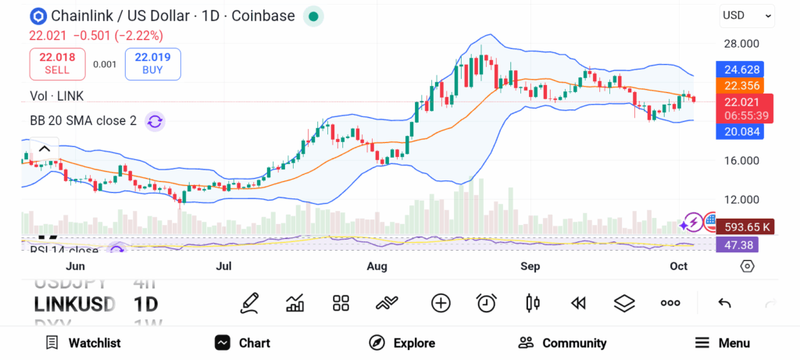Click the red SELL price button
click(x=57, y=63)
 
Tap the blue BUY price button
click(x=152, y=63)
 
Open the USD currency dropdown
click(x=747, y=15)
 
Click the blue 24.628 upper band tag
click(x=740, y=70)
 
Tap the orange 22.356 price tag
click(x=740, y=86)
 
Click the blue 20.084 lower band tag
click(x=740, y=131)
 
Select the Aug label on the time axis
click(x=377, y=266)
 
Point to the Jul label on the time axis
click(x=223, y=266)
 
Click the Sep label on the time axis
click(x=530, y=266)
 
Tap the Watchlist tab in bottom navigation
click(x=83, y=343)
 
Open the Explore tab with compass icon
click(x=402, y=343)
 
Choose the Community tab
click(x=562, y=343)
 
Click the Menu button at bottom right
click(x=722, y=343)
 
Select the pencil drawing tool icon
click(x=249, y=302)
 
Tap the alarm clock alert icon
click(x=487, y=302)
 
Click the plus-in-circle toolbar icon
click(x=441, y=302)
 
